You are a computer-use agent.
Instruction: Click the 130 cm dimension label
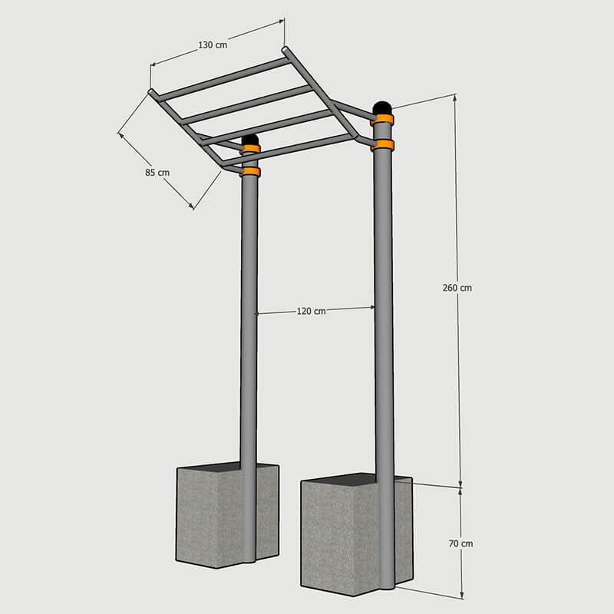coord(213,45)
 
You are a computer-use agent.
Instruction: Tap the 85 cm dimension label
coord(157,172)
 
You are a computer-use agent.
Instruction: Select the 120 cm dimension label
coord(312,312)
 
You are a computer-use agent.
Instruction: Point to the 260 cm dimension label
coord(457,288)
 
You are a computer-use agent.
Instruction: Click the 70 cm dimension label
coord(461,543)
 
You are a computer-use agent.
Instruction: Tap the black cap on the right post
coord(382,108)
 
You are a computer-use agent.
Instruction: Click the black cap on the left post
coord(250,140)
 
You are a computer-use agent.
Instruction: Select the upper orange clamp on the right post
coord(382,120)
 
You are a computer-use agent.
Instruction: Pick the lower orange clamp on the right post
coord(382,145)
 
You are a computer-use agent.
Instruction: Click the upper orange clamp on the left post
coord(250,149)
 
